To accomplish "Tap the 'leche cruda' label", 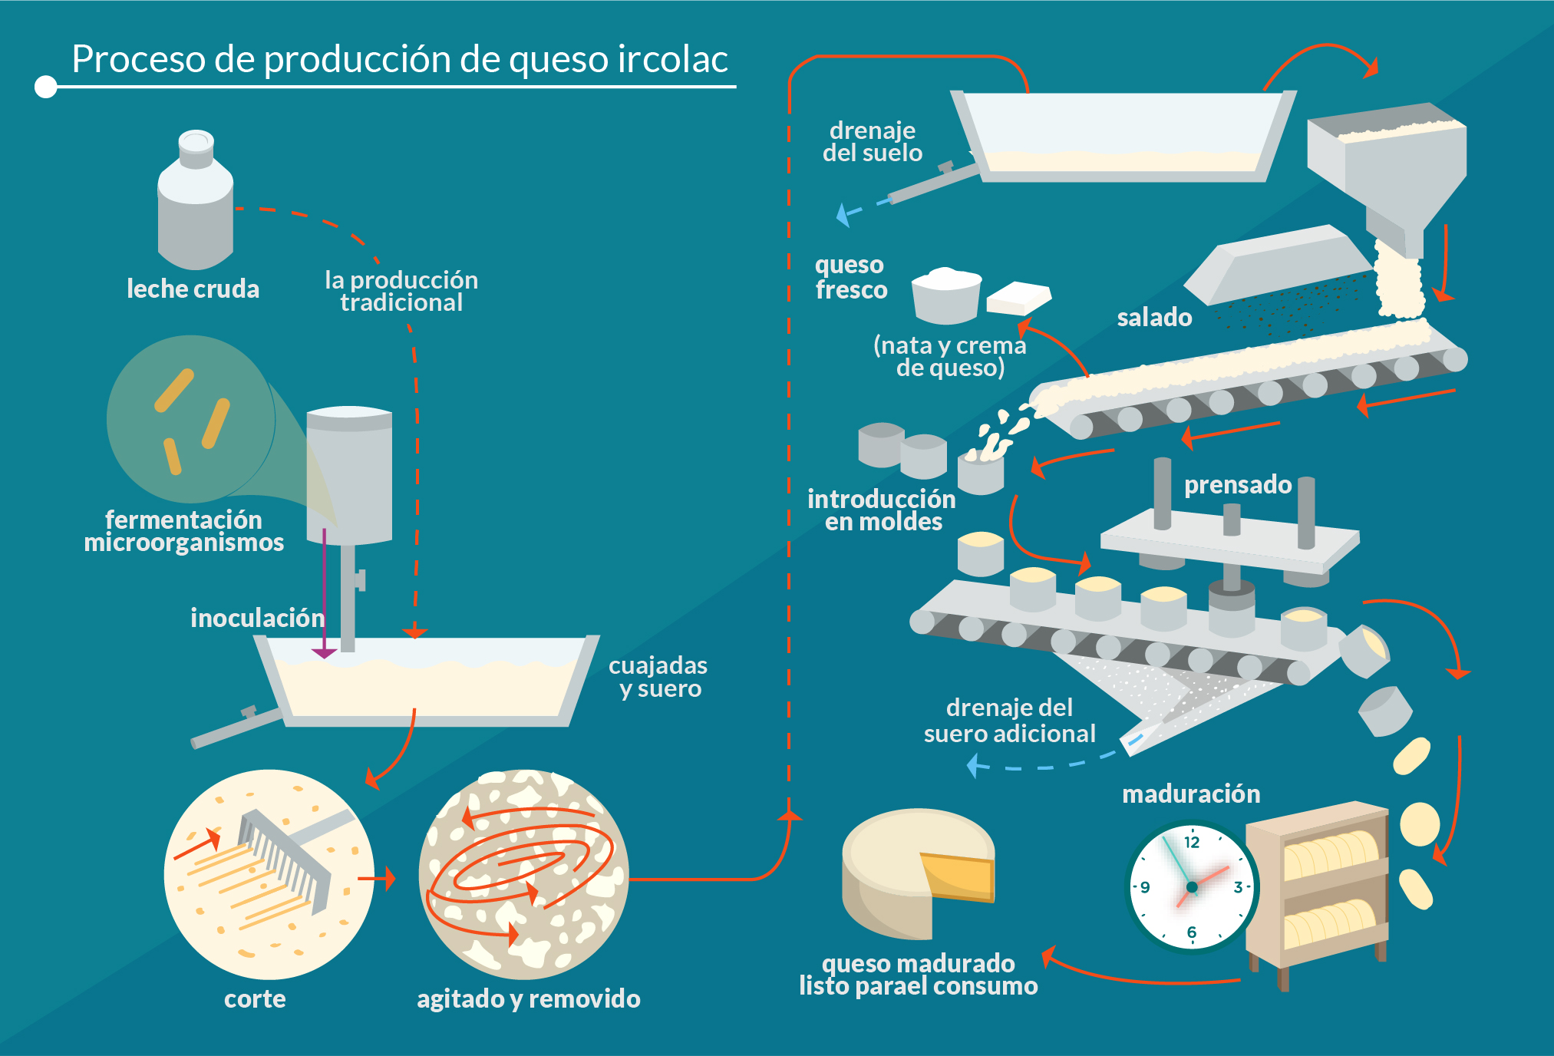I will [193, 289].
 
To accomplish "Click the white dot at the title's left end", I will [46, 87].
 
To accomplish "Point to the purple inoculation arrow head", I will [324, 652].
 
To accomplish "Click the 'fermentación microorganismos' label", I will [184, 531].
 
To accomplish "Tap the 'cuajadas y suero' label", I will [658, 677].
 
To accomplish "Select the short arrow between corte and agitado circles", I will [377, 878].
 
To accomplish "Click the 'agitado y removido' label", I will [528, 998].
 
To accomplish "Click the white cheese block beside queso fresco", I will [1018, 298].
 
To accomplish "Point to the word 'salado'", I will [1154, 317].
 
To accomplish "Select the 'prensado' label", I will [1238, 484].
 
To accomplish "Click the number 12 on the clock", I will [1192, 842].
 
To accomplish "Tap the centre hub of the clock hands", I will [1192, 887].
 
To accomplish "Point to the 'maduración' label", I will [1191, 794].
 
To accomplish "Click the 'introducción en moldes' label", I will [882, 510].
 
